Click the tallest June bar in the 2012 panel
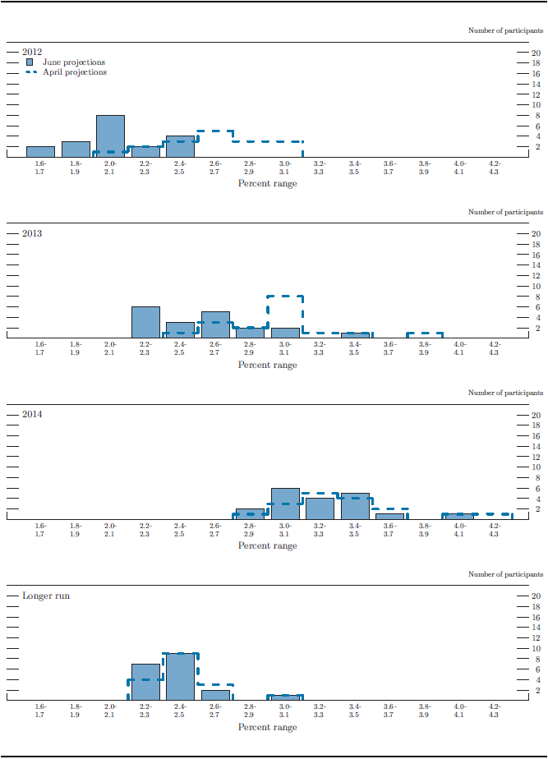110,136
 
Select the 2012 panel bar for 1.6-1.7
40,151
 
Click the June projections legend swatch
30,62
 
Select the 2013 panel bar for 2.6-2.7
215,324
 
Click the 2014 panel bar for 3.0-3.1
285,504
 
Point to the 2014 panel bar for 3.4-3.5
355,506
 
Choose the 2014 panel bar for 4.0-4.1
459,517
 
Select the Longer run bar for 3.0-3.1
285,697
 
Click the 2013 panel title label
32,233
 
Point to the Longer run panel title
46,595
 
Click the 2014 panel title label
32,414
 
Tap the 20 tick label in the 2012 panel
536,53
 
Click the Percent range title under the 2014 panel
268,545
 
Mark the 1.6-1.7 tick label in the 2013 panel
40,347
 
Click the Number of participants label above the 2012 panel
505,30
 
